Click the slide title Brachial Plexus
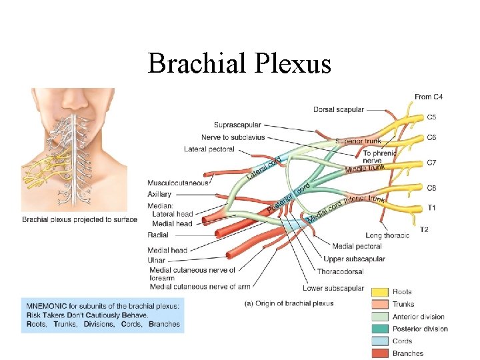(239, 64)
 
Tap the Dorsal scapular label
(338, 109)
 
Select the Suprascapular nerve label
(237, 125)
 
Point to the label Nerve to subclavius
(233, 137)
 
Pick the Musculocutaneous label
(178, 182)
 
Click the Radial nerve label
(157, 235)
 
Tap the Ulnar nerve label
(157, 260)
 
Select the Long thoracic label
(387, 235)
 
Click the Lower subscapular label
(333, 288)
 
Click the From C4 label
(429, 97)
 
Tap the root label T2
(424, 229)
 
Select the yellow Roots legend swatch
(380, 292)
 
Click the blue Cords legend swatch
(380, 341)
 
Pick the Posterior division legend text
(420, 329)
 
